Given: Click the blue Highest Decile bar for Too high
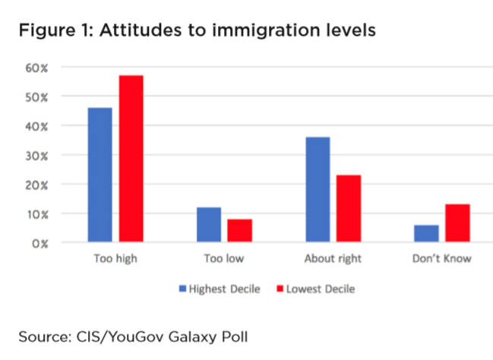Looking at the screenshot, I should pos(100,175).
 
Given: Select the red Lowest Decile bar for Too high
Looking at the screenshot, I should pos(131,159).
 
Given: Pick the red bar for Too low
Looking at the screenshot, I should pos(240,231).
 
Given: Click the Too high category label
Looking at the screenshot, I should pos(115,259).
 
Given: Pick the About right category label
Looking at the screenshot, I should pos(333,259).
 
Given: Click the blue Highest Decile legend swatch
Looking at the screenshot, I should pos(182,289).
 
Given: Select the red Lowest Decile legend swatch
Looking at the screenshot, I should pos(280,289).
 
